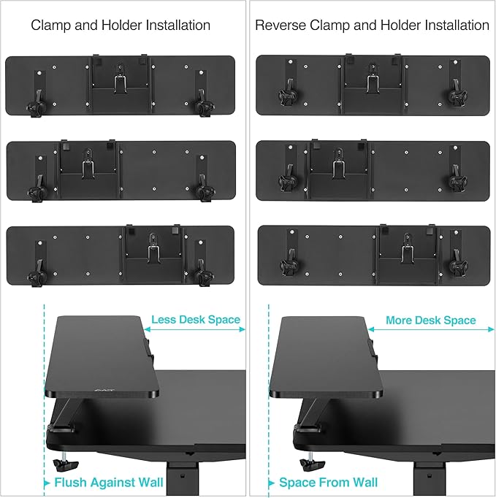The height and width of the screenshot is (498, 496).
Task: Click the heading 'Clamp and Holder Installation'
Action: [121, 26]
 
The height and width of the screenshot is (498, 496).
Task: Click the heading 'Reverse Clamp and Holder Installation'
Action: [372, 26]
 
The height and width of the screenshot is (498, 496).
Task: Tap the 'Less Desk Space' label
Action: [196, 320]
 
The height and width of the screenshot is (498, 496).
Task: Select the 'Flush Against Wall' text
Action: [104, 483]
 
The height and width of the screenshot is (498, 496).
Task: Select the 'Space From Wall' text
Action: [329, 483]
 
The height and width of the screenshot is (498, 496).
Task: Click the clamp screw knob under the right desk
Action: [307, 465]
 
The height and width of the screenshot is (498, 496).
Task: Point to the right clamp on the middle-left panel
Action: [202, 191]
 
